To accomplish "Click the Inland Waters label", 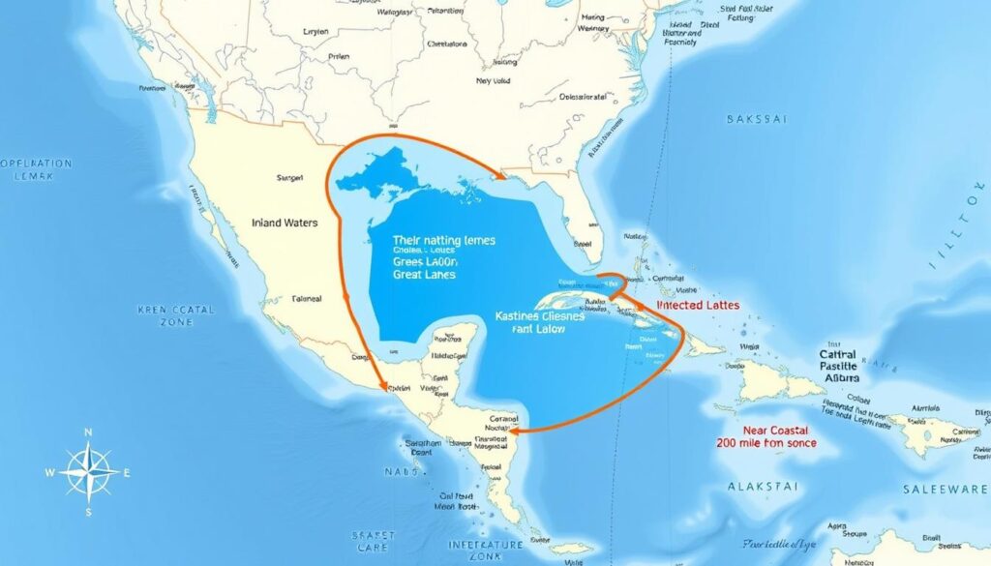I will pos(284,223).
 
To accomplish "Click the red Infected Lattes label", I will pos(698,305).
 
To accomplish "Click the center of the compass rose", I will pos(88,472).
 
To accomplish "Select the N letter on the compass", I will pos(88,432).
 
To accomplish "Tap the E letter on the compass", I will pos(127,473).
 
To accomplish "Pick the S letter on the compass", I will pos(88,512).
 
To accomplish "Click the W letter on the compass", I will pos(50,473).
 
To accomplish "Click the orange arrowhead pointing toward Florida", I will pos(501,176).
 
